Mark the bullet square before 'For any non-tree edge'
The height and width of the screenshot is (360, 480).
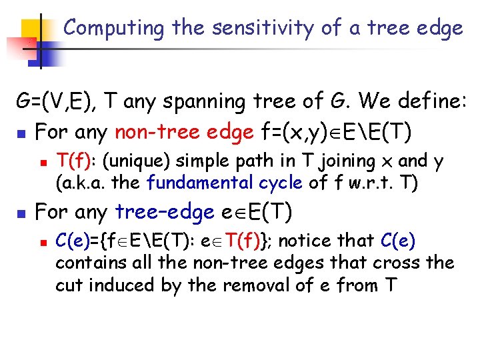21,133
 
